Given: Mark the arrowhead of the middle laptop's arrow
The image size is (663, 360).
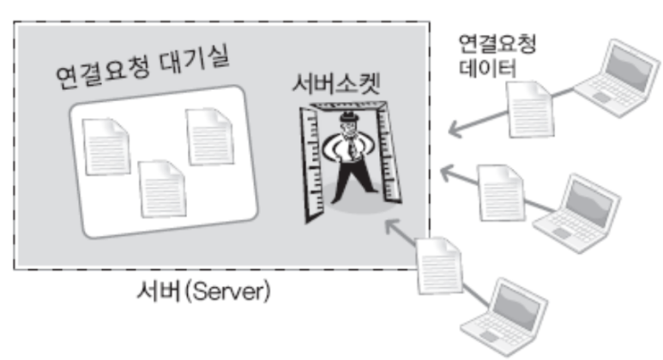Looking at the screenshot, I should [x=444, y=171].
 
